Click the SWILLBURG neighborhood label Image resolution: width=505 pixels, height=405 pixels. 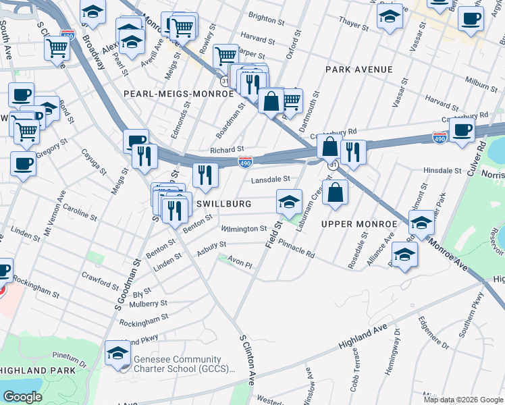pyautogui.click(x=224, y=203)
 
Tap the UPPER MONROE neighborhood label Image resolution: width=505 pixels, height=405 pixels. pyautogui.click(x=358, y=223)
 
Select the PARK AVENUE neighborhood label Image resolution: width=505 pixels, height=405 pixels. pyautogui.click(x=358, y=70)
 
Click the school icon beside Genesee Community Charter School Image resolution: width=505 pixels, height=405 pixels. pyautogui.click(x=118, y=354)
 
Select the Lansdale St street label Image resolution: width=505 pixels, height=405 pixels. pyautogui.click(x=270, y=180)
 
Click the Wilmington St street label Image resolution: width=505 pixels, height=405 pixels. pyautogui.click(x=244, y=229)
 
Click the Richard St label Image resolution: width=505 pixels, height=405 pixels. pyautogui.click(x=226, y=149)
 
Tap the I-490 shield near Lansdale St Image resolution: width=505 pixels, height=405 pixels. pyautogui.click(x=245, y=162)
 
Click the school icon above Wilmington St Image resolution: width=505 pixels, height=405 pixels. pyautogui.click(x=289, y=201)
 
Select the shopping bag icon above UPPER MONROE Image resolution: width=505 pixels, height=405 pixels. pyautogui.click(x=335, y=192)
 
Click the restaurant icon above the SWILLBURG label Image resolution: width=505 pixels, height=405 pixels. pyautogui.click(x=205, y=175)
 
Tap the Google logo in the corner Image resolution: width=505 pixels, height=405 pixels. pyautogui.click(x=22, y=397)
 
